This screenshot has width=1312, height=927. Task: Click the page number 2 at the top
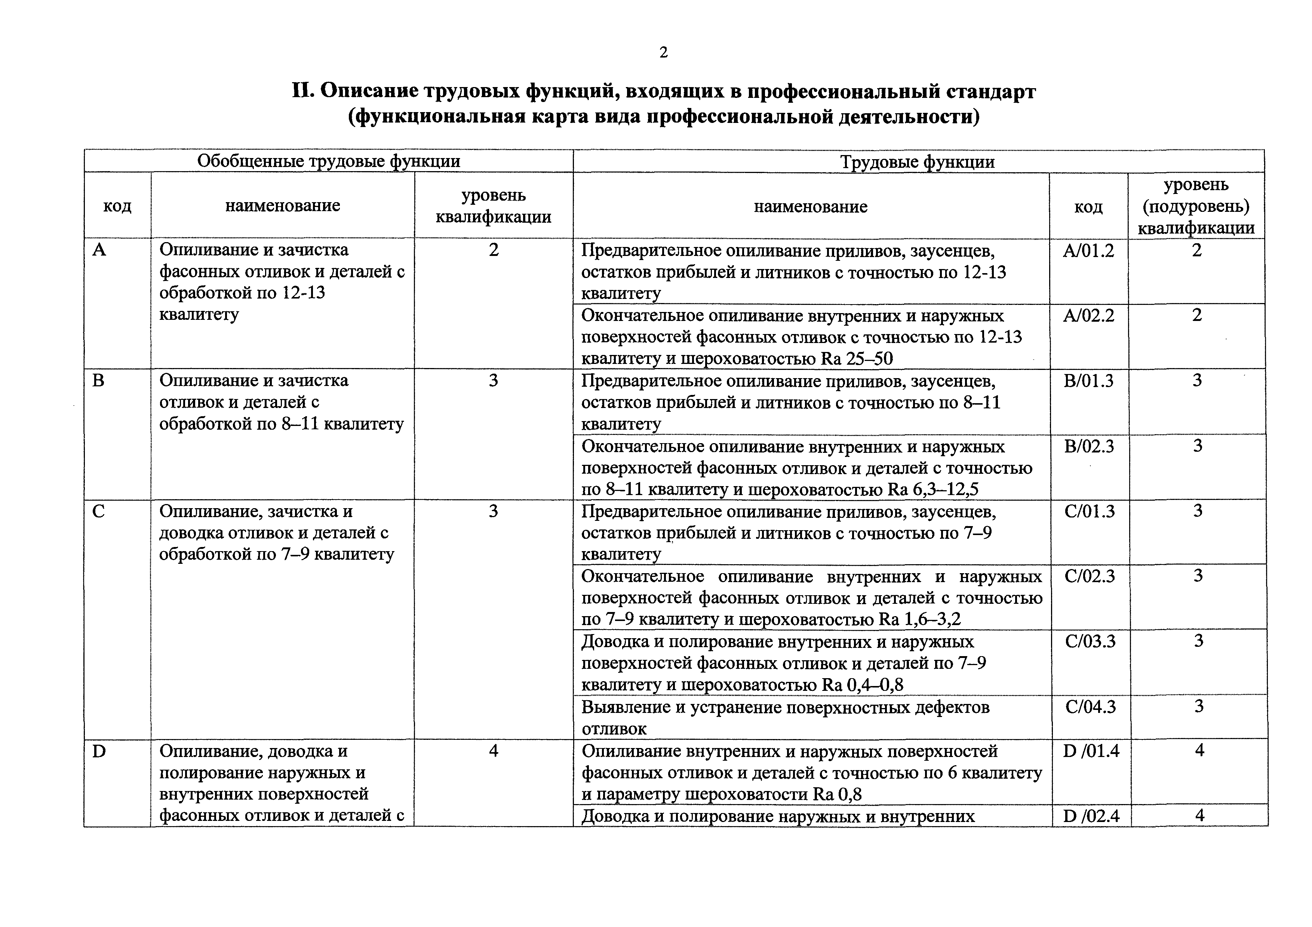(x=663, y=53)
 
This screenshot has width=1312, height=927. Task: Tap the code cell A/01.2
(x=1088, y=251)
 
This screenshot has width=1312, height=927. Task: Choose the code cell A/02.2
(x=1088, y=316)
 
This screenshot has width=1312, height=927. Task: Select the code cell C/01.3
(x=1089, y=511)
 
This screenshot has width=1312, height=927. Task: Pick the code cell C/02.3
(x=1089, y=576)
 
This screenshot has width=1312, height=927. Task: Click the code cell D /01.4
(x=1090, y=751)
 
